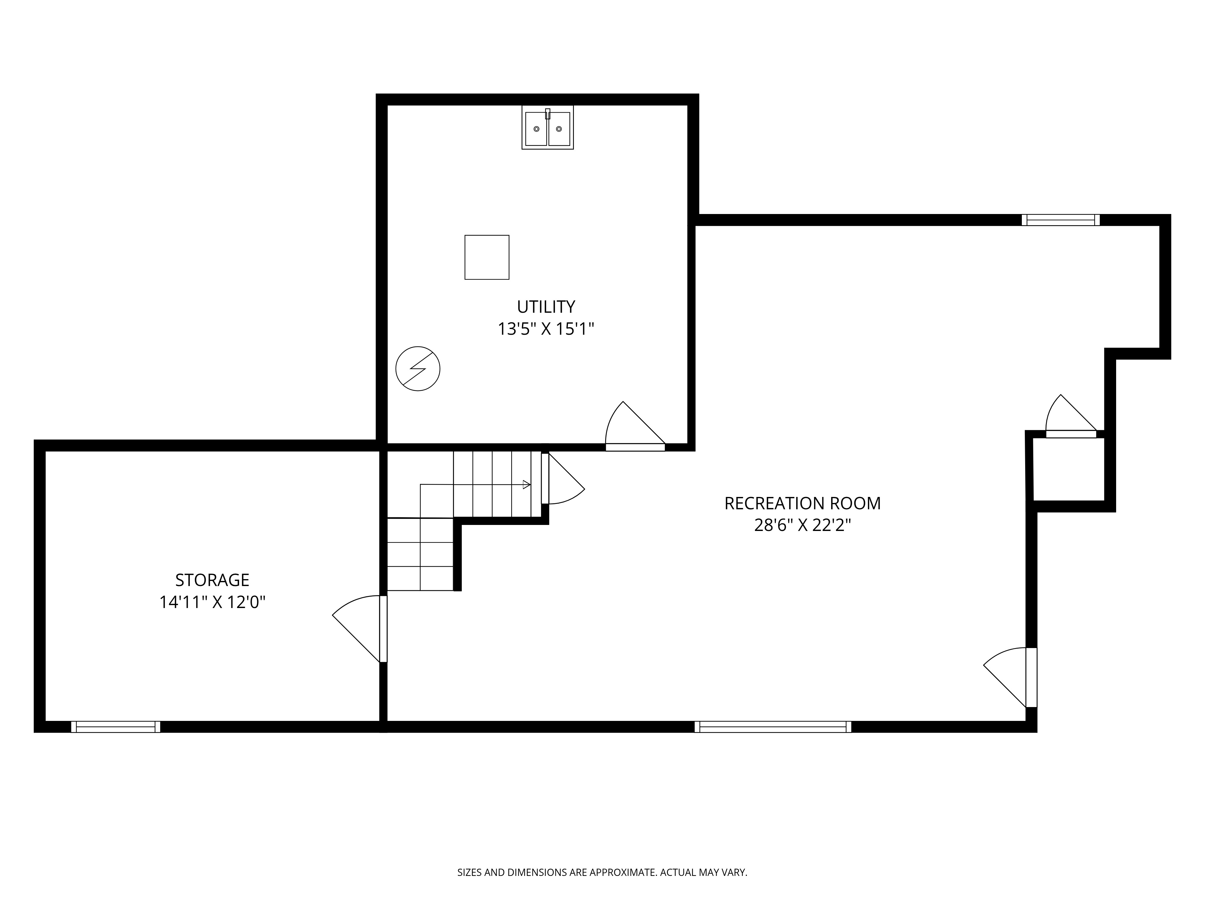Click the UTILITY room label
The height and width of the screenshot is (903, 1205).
(546, 307)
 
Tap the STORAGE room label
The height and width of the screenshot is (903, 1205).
(212, 580)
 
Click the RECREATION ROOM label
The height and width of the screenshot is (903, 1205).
(803, 504)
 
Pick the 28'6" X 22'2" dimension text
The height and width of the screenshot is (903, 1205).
(803, 525)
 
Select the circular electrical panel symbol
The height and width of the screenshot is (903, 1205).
(418, 368)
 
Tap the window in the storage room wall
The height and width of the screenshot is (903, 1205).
(115, 727)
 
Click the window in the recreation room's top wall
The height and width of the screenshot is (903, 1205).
(1061, 220)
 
